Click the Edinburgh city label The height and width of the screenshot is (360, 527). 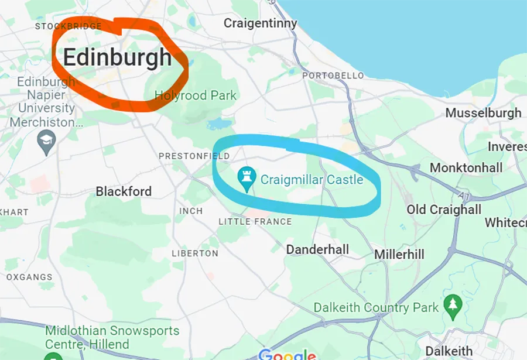tap(117, 57)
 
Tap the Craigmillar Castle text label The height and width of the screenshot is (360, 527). tap(312, 179)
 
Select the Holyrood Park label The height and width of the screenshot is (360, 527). tap(196, 95)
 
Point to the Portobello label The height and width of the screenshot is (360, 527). tap(333, 76)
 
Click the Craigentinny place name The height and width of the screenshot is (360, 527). tap(261, 23)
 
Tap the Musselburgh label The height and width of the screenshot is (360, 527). tap(483, 113)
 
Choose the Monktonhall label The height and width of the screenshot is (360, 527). tap(466, 168)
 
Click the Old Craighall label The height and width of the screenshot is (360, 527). tap(444, 210)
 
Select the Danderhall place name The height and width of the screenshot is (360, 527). tap(317, 249)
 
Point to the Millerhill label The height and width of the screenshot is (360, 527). tap(399, 255)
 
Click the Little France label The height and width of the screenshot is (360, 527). tap(255, 221)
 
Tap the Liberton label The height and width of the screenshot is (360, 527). tap(195, 253)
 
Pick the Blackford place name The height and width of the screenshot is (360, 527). tap(124, 191)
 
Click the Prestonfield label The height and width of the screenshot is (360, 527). tap(194, 156)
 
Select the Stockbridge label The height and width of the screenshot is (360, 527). tap(69, 26)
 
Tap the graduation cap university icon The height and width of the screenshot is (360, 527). tap(46, 140)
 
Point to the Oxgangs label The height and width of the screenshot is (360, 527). tap(29, 277)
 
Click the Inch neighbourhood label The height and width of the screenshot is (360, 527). tap(191, 211)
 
